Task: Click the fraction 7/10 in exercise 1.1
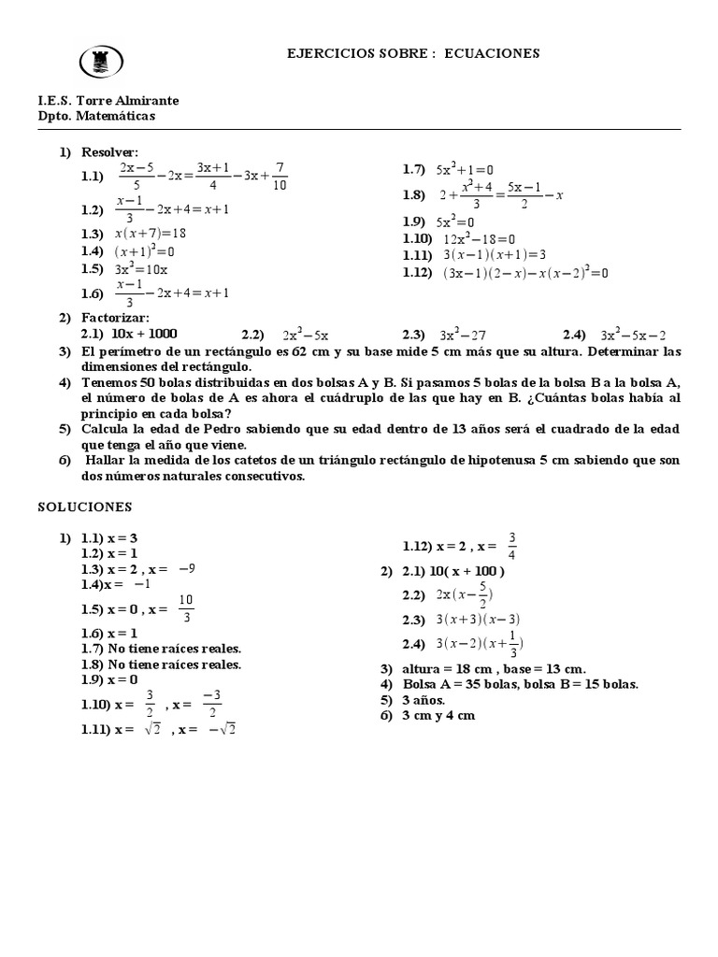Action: [x=280, y=176]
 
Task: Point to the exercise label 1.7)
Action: [x=414, y=169]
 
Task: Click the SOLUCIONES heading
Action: [x=85, y=507]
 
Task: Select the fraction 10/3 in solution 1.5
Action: [x=186, y=607]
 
